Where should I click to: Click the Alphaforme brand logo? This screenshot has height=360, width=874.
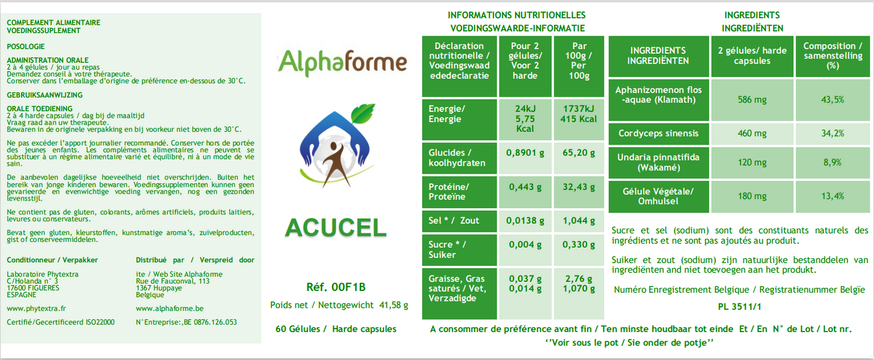pyautogui.click(x=342, y=62)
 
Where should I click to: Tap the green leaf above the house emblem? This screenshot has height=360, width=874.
pyautogui.click(x=363, y=113)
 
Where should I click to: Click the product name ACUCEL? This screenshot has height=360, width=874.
pyautogui.click(x=336, y=227)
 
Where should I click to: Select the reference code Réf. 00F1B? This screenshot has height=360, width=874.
pyautogui.click(x=336, y=287)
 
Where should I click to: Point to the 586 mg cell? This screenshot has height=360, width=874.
pyautogui.click(x=752, y=100)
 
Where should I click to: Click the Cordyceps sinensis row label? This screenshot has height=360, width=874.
pyautogui.click(x=658, y=134)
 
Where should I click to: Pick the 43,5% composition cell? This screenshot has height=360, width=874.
pyautogui.click(x=833, y=100)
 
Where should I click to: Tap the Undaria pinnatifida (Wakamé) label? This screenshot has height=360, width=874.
pyautogui.click(x=658, y=162)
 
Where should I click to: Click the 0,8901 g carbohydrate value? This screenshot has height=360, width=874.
pyautogui.click(x=525, y=152)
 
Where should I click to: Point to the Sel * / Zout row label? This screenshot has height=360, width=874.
pyautogui.click(x=454, y=221)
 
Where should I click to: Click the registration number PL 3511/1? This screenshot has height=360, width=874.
pyautogui.click(x=739, y=307)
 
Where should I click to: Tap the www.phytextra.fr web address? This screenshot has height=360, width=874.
pyautogui.click(x=36, y=309)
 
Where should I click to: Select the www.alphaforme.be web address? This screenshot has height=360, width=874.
pyautogui.click(x=170, y=309)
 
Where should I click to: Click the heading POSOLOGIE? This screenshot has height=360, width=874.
pyautogui.click(x=26, y=47)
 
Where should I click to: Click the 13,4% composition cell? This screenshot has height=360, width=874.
pyautogui.click(x=833, y=196)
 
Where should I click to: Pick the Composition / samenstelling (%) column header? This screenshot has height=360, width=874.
pyautogui.click(x=833, y=56)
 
